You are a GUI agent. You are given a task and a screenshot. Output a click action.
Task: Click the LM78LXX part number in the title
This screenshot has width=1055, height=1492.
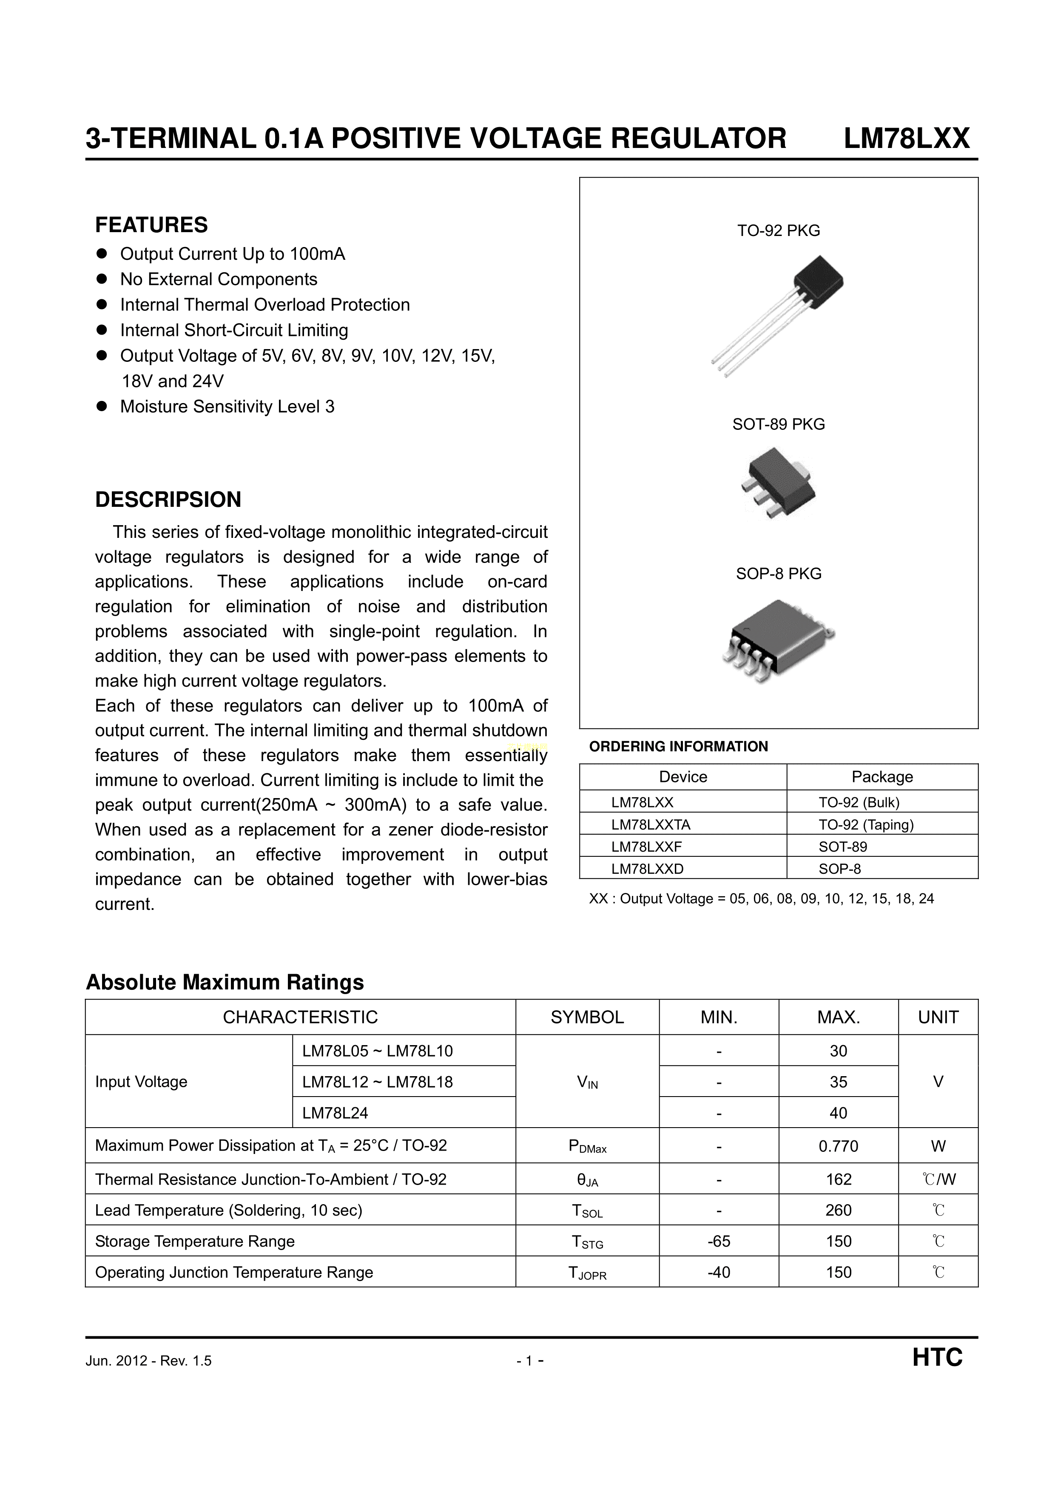[906, 139]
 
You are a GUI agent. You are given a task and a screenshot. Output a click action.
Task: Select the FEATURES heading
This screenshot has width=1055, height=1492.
[151, 225]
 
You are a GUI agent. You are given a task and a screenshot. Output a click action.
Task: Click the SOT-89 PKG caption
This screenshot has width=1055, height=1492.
[778, 424]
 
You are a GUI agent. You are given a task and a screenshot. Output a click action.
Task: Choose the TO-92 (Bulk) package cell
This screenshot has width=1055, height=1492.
[859, 802]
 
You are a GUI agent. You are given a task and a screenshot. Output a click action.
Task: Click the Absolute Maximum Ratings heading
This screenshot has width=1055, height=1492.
[225, 982]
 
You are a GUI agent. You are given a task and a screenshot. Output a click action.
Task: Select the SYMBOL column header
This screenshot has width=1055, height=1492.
[587, 1017]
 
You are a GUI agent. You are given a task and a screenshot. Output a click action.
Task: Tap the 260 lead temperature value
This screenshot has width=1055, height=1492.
[838, 1210]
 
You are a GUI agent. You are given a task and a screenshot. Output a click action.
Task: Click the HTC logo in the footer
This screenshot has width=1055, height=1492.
[937, 1358]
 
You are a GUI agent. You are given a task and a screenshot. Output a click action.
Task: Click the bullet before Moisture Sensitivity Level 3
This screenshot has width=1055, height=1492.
[101, 407]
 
